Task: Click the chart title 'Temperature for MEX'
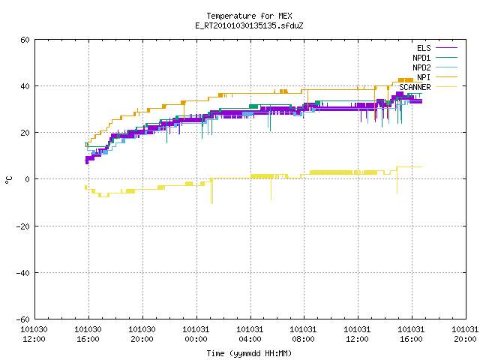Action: (x=249, y=16)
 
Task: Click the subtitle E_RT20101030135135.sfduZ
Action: (x=249, y=25)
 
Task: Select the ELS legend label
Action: (x=424, y=48)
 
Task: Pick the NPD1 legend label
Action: (x=421, y=58)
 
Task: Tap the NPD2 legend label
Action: (x=421, y=67)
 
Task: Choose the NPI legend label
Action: (x=424, y=77)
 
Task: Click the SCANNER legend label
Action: (x=415, y=87)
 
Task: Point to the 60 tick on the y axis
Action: (x=25, y=40)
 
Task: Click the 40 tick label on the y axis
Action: (x=25, y=86)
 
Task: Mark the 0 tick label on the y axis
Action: (x=27, y=179)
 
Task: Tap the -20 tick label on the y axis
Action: (x=23, y=226)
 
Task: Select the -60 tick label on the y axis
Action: (x=23, y=319)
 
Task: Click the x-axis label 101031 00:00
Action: (x=196, y=334)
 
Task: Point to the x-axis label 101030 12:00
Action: (x=34, y=334)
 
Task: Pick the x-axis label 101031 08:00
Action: (x=303, y=334)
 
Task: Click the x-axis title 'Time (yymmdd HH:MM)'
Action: (x=249, y=353)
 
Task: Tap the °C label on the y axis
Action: (x=8, y=180)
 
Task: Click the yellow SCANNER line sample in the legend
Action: (x=446, y=87)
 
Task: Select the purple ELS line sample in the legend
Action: (x=446, y=48)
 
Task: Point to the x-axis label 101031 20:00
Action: (x=465, y=334)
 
